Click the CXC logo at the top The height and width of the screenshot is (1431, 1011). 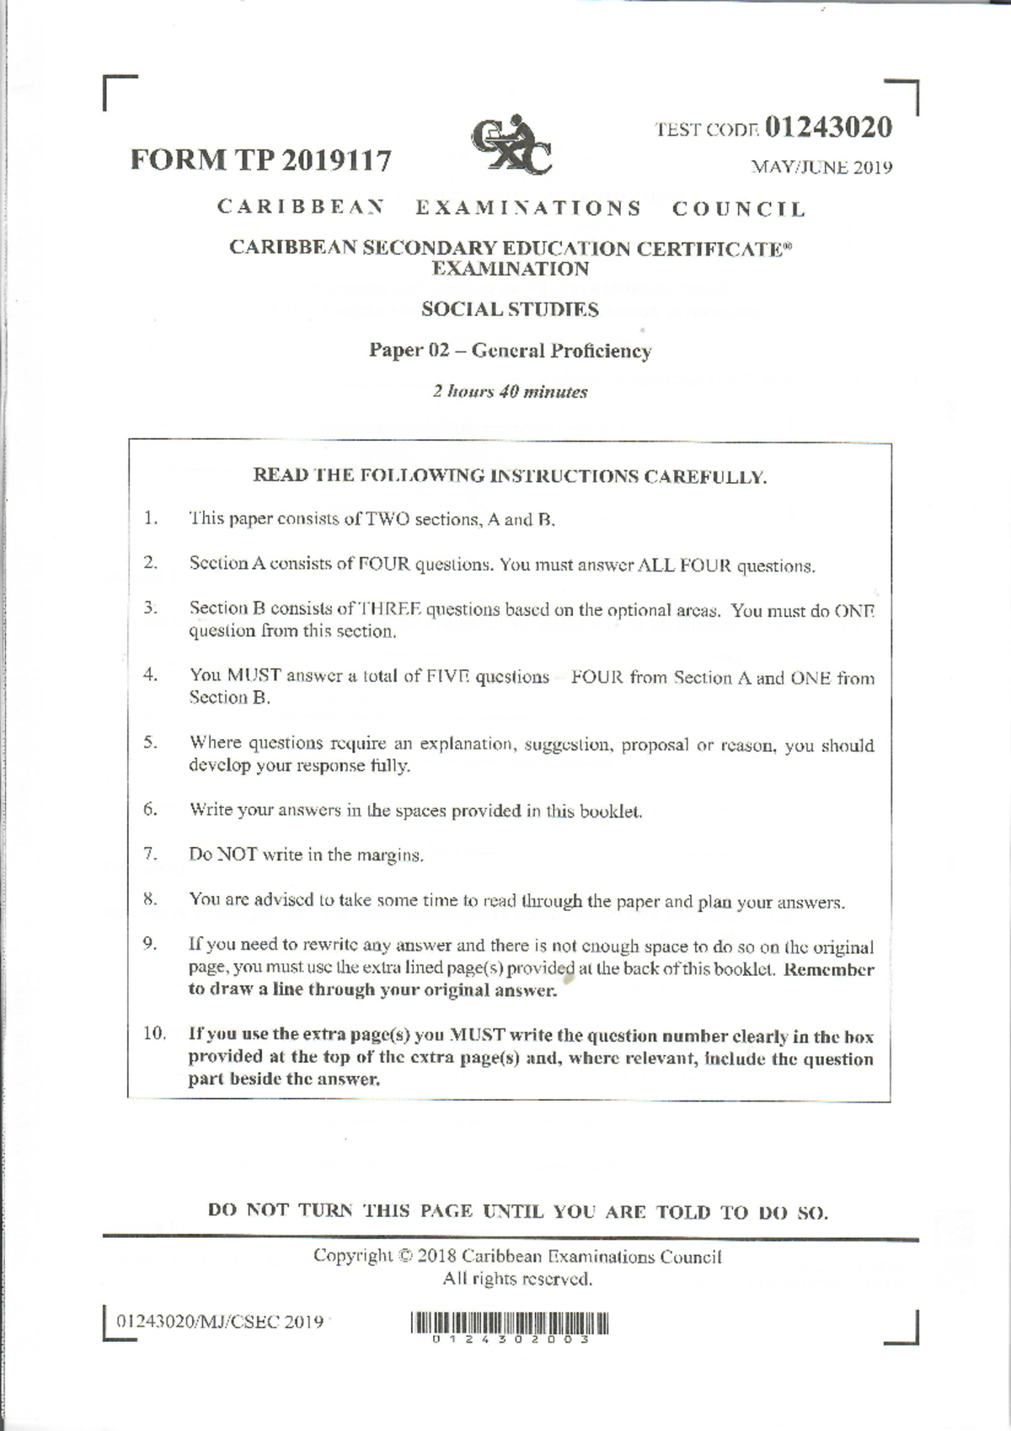[511, 146]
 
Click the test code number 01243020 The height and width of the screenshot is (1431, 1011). [829, 127]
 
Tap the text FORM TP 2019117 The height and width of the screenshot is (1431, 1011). [260, 160]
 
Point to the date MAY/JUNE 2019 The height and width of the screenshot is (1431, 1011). [821, 167]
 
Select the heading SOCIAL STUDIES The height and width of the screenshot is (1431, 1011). [510, 309]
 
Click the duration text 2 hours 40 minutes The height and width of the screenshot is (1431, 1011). [510, 391]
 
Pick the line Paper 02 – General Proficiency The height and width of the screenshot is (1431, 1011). [510, 351]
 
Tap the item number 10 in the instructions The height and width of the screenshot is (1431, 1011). [154, 1033]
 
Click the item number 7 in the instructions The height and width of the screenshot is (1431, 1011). [150, 853]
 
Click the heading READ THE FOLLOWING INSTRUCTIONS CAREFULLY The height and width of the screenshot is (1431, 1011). [510, 476]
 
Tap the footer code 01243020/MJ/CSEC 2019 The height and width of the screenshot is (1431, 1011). [219, 1321]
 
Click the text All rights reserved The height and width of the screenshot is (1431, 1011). [517, 1279]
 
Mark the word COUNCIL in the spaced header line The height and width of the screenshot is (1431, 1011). [739, 208]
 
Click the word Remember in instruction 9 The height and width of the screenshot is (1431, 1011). [828, 969]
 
